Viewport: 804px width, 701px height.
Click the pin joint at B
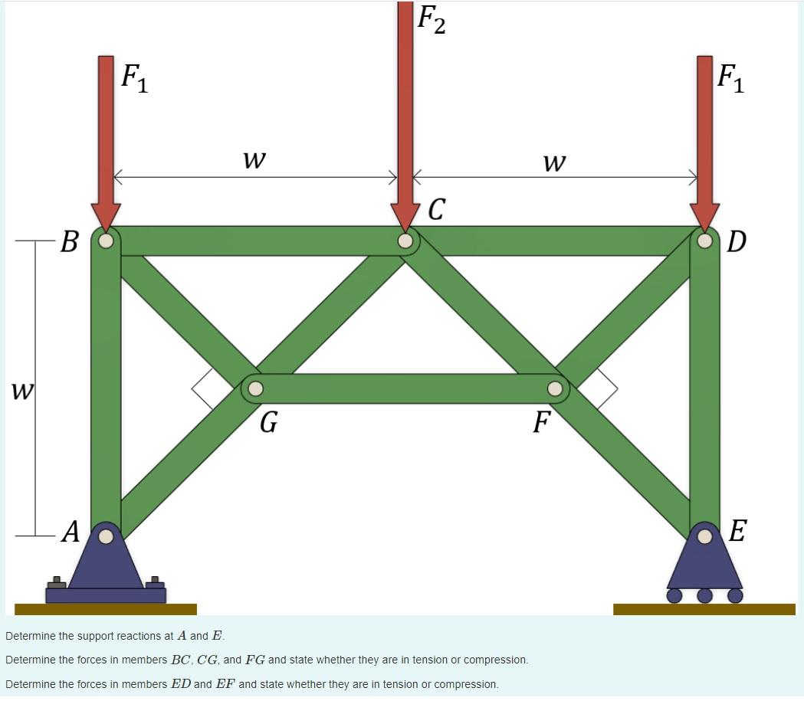click(106, 241)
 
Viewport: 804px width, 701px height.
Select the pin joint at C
click(405, 241)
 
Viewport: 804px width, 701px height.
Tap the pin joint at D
click(704, 241)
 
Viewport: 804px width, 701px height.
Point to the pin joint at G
click(255, 388)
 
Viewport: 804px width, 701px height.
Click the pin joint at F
click(555, 388)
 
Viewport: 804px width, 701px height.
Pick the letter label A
click(71, 531)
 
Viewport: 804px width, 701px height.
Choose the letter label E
click(737, 530)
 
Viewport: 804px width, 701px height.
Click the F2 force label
click(431, 20)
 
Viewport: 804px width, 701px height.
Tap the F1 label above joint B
click(135, 77)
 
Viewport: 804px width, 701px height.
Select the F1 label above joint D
click(730, 77)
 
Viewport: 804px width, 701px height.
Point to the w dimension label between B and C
click(254, 159)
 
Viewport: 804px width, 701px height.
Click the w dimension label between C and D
click(553, 162)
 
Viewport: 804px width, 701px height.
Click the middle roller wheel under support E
click(704, 595)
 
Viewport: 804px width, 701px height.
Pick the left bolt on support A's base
click(57, 582)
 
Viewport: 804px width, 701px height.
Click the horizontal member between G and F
click(405, 388)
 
